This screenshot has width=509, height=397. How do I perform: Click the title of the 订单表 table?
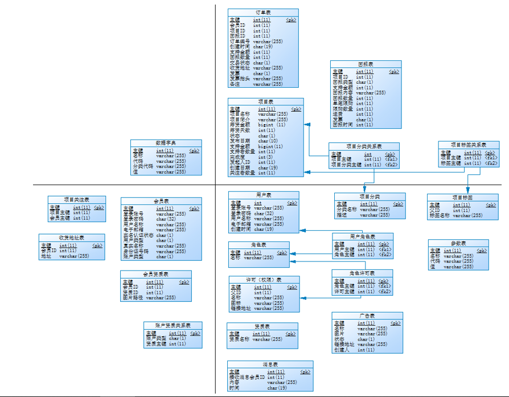pos(263,13)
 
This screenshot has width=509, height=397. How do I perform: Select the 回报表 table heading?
pos(366,64)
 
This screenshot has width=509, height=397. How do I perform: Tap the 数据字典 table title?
pos(166,143)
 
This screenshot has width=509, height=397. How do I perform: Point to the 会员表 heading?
pos(161,201)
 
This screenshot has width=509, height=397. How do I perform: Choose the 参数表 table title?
pos(458,243)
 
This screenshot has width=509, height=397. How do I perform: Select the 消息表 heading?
pos(270,365)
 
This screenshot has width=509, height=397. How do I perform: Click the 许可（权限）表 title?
pos(264,280)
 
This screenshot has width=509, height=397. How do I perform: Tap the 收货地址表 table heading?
pos(72,238)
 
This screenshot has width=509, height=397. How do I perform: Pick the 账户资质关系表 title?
pos(173,325)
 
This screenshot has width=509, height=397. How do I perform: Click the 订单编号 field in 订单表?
pos(240,42)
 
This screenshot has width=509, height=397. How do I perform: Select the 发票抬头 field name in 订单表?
pos(240,79)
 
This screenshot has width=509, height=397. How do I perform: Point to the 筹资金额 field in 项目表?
pos(241,125)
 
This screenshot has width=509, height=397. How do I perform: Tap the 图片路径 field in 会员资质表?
pos(132,297)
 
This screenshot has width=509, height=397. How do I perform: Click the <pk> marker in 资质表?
pos(290,334)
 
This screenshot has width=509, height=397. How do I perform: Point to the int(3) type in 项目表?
pos(265,157)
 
